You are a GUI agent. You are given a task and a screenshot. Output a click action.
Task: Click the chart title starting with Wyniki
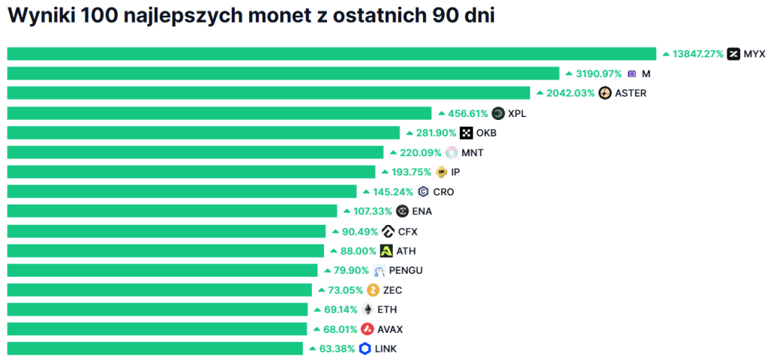tap(251, 16)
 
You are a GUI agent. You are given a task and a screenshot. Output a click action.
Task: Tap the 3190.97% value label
tap(598, 73)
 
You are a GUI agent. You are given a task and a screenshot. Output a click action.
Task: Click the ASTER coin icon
tap(604, 93)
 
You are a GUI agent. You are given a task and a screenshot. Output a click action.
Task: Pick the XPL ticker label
tap(517, 113)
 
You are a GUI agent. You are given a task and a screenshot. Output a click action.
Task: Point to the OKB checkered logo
tap(466, 133)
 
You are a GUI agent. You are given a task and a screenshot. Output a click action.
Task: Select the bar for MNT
tap(195, 152)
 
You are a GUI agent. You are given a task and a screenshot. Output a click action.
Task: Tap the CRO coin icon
tap(424, 191)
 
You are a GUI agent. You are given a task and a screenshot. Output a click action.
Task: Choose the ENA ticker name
tap(422, 211)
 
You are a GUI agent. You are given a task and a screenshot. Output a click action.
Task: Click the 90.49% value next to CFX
tap(357, 231)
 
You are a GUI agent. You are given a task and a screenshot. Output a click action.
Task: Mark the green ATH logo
tap(386, 250)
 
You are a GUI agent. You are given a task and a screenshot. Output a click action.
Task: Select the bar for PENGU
tap(162, 270)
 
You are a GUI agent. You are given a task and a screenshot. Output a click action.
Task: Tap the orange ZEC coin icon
tap(373, 289)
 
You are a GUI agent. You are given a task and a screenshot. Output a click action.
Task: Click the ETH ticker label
tap(387, 309)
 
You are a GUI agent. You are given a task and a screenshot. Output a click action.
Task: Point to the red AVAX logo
tap(367, 328)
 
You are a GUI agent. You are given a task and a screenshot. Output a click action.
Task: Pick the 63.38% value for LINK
tap(336, 348)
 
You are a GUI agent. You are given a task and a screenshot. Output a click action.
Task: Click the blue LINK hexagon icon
tap(365, 348)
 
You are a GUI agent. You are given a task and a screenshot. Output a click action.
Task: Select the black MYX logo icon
tap(733, 54)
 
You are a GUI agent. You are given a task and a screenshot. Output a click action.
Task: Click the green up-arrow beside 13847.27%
tap(665, 54)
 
